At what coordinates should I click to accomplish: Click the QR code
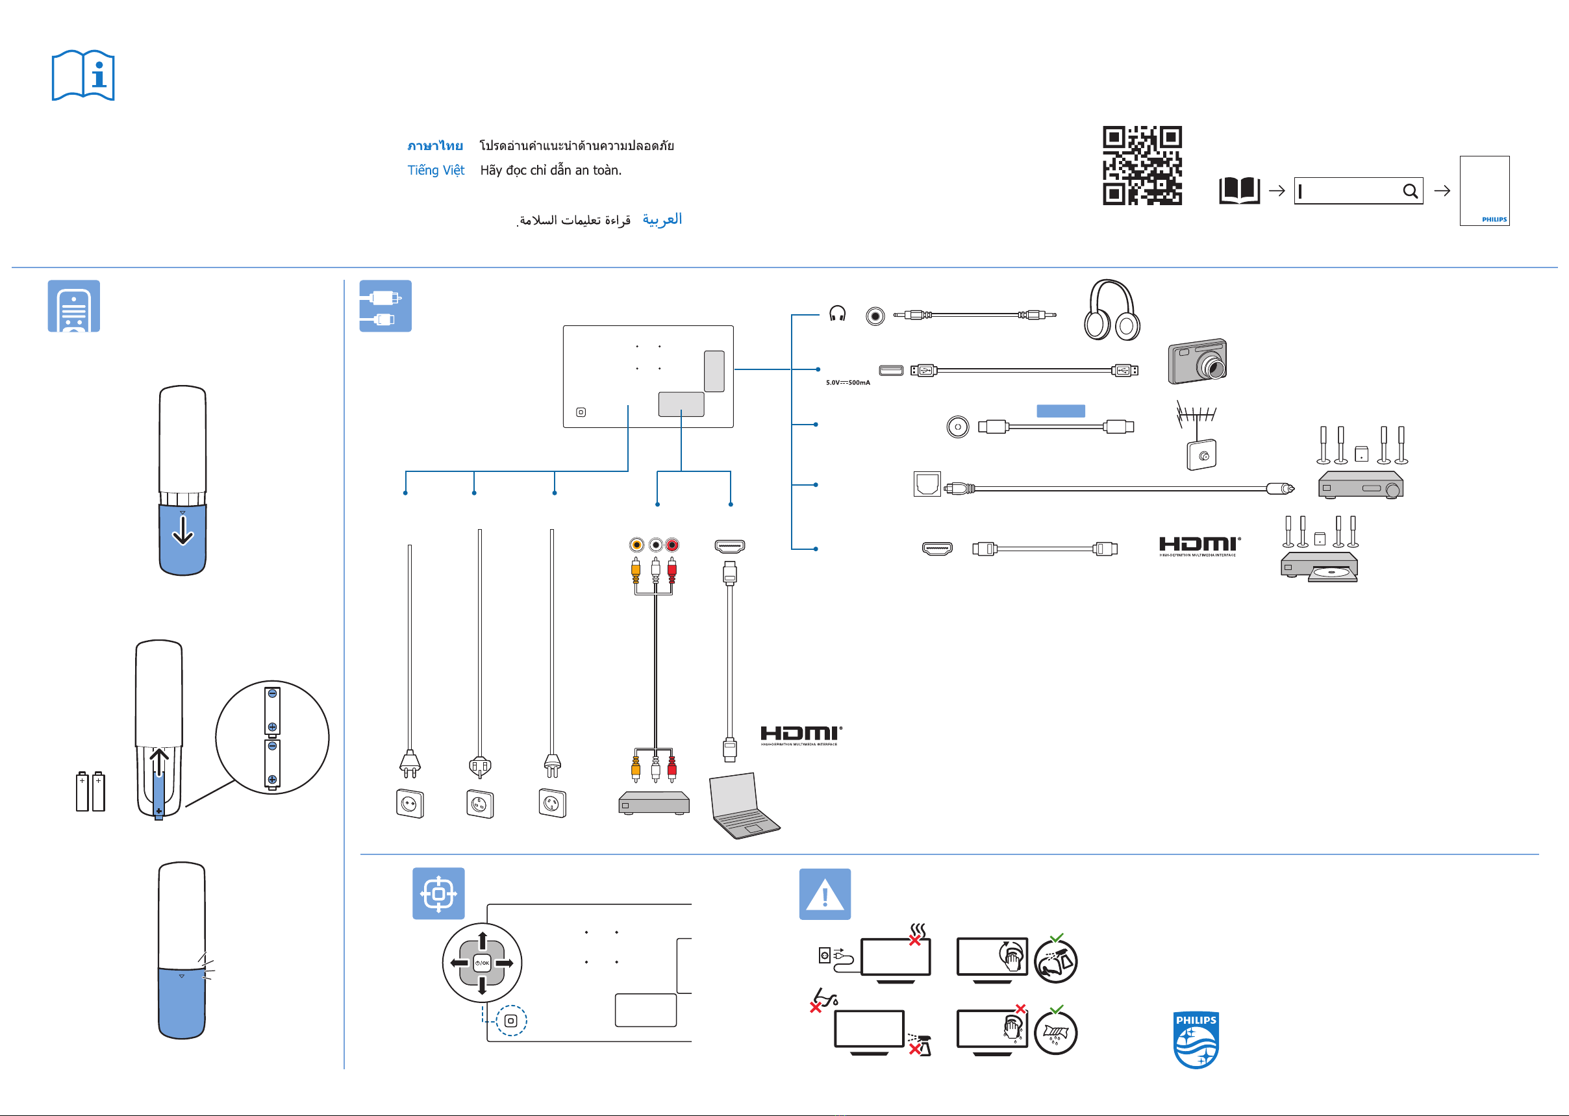coord(1142,165)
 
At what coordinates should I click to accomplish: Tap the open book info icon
coord(83,75)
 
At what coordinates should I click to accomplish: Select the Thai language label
coord(435,145)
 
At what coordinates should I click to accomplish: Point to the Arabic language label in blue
coord(662,219)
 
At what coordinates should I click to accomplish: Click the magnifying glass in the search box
coord(1409,191)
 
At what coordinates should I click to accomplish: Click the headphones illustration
coord(1111,310)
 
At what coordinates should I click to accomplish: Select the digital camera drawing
coord(1196,362)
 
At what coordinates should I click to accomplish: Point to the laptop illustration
coord(743,806)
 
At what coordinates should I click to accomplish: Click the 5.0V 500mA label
coord(847,383)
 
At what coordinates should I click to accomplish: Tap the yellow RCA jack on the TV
coord(636,545)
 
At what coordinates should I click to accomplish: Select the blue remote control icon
coord(73,306)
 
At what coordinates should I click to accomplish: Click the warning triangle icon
coord(825,894)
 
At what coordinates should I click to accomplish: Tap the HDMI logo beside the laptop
coord(801,735)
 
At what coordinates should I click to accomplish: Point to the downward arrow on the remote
coord(182,530)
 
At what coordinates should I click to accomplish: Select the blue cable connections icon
coord(386,306)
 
